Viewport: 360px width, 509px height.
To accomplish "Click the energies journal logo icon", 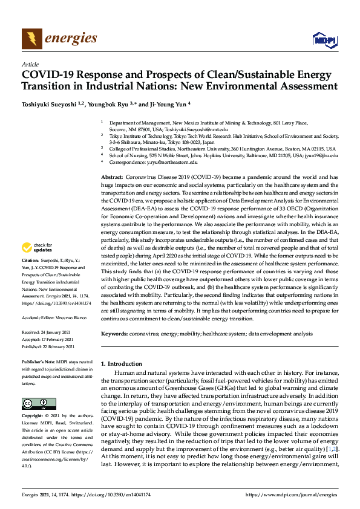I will click(x=31, y=39).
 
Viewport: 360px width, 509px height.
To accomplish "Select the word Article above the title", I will click(x=30, y=63).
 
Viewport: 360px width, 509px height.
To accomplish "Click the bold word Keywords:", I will click(x=114, y=334).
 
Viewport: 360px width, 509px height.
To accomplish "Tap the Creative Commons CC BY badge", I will click(x=34, y=404).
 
